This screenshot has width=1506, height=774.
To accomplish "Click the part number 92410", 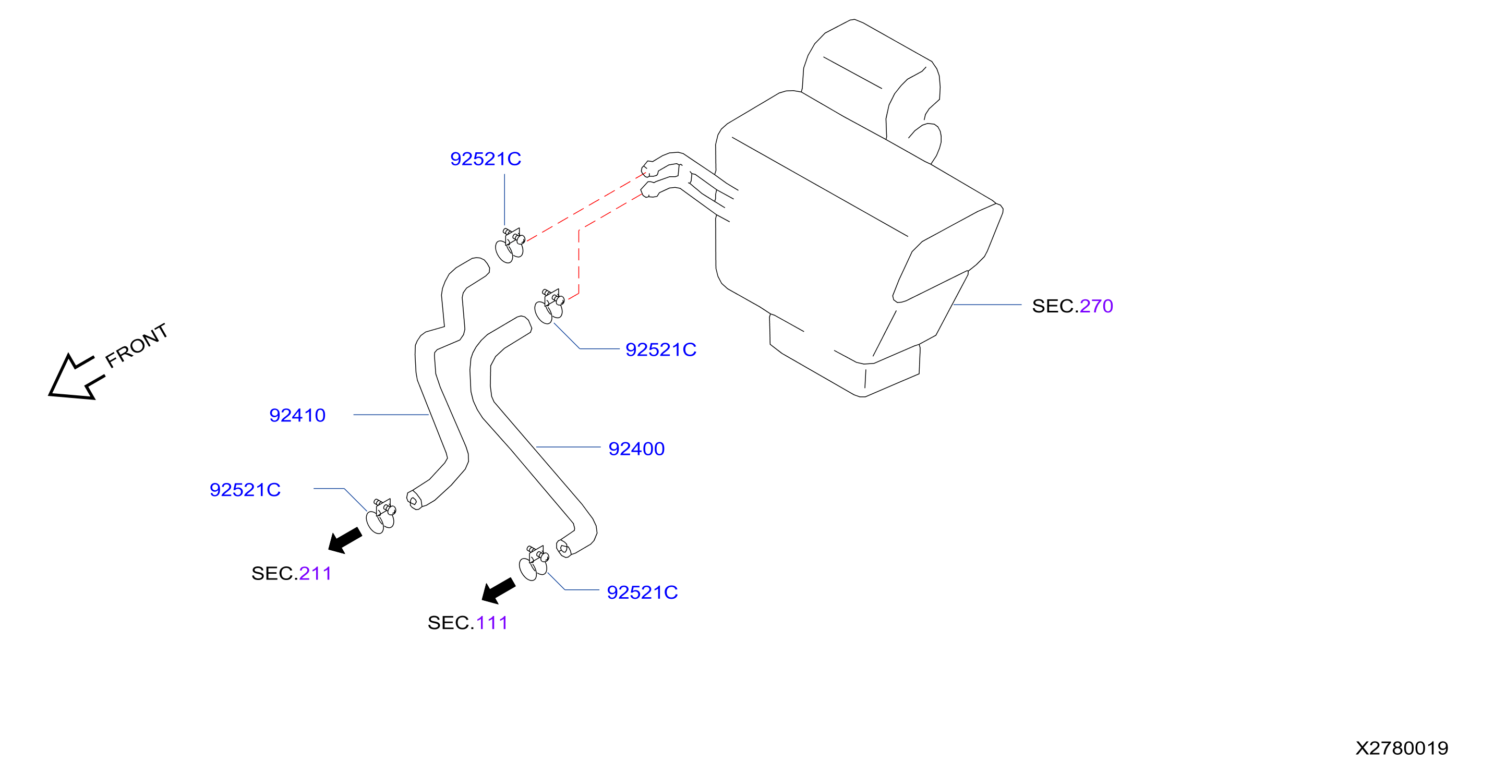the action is (297, 415).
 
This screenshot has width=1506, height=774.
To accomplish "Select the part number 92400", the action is (636, 449).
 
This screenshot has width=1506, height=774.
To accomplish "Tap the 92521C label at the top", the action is (485, 159).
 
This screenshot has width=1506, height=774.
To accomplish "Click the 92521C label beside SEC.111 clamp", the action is (642, 592).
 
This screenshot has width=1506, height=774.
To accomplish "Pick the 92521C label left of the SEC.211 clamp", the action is (245, 489).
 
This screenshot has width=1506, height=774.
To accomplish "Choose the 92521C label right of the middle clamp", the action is (660, 349).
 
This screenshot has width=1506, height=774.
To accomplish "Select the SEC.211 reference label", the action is (291, 574).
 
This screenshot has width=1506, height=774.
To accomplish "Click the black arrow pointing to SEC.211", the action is (345, 540).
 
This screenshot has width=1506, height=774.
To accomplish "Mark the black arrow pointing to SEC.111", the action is (498, 590).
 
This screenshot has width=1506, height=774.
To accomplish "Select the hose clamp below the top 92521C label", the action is (510, 246).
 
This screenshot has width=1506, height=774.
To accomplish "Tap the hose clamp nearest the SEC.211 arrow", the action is (381, 516).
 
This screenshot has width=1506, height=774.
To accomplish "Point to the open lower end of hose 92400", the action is (563, 548).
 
